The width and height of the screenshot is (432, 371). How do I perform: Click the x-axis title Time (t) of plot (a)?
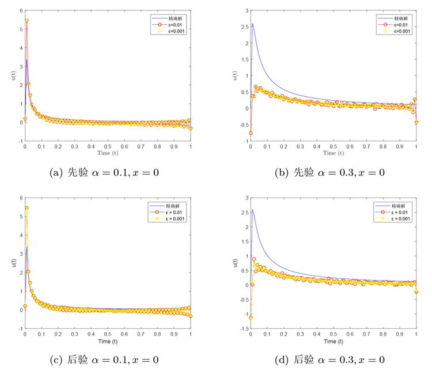pyautogui.click(x=107, y=154)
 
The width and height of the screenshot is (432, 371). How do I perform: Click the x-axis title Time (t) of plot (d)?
pyautogui.click(x=334, y=342)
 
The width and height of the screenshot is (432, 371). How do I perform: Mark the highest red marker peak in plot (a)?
pyautogui.click(x=26, y=21)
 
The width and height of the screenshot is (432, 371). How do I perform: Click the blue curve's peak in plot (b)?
pyautogui.click(x=252, y=24)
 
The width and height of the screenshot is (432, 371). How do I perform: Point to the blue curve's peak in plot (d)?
pyautogui.click(x=252, y=210)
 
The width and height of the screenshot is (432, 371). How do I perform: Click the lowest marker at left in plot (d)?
pyautogui.click(x=251, y=317)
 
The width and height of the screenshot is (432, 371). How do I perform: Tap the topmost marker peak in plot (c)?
pyautogui.click(x=26, y=208)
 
